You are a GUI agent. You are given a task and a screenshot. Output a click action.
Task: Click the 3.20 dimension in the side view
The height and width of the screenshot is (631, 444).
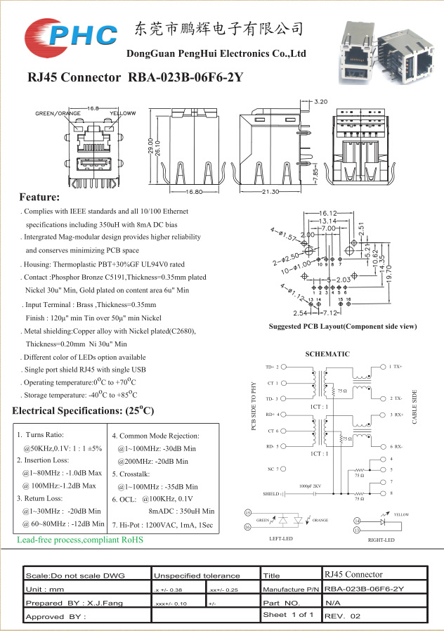(x=320, y=102)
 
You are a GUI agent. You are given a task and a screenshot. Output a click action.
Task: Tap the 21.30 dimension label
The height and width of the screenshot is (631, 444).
(x=270, y=192)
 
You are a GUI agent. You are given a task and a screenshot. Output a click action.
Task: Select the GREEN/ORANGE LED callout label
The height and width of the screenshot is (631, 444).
(x=58, y=113)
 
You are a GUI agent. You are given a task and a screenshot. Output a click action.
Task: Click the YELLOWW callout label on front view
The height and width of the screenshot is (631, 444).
(x=122, y=113)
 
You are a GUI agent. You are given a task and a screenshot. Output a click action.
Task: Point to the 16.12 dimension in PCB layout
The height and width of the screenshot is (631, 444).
(x=328, y=212)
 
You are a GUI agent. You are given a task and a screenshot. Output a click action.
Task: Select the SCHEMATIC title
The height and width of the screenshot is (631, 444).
(x=327, y=354)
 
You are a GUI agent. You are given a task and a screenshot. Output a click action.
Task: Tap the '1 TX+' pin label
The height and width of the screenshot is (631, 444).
(x=396, y=367)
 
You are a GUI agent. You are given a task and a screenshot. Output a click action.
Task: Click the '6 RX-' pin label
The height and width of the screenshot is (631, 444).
(x=396, y=446)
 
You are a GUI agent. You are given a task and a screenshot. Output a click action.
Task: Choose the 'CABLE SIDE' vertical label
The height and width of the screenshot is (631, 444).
(x=415, y=406)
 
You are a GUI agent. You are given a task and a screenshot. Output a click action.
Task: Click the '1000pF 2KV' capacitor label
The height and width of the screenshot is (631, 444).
(x=310, y=486)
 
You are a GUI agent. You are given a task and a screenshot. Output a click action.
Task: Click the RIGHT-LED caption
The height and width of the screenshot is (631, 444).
(x=381, y=540)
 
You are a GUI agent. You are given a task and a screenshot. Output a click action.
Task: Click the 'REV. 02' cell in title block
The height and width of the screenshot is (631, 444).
(x=342, y=616)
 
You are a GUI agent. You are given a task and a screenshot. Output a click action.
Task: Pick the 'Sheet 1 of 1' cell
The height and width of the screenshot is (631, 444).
(x=288, y=615)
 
